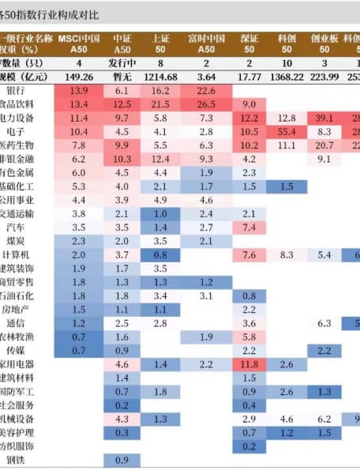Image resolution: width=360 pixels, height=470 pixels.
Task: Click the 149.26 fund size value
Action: [x=79, y=77]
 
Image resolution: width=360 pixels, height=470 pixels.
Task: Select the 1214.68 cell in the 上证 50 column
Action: [x=160, y=77]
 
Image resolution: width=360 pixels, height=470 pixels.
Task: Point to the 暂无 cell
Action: [x=122, y=77]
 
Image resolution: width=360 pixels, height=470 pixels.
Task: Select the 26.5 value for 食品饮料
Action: [x=207, y=104]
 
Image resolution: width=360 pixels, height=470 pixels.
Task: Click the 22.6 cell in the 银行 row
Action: [x=207, y=91]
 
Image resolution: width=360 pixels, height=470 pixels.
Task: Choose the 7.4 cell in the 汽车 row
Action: [x=249, y=227]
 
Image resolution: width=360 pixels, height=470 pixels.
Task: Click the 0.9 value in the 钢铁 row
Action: [x=122, y=460]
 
